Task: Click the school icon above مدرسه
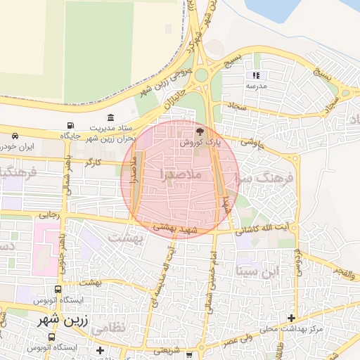[256, 75]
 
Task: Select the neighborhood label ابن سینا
[259, 270]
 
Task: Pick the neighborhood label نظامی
[127, 327]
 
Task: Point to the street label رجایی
[46, 216]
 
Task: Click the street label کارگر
[93, 162]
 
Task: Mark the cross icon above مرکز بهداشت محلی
[291, 319]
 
